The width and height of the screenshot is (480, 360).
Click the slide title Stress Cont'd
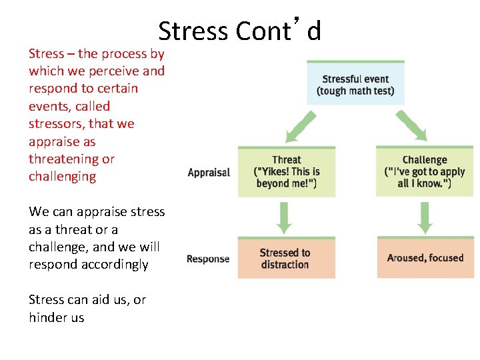[239, 31]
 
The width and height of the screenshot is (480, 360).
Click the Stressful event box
[355, 83]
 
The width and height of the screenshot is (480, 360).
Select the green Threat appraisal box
[287, 172]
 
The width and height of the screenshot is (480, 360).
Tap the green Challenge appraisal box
[424, 172]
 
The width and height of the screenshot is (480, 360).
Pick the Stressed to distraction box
[287, 258]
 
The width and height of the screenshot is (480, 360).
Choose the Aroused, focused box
[425, 258]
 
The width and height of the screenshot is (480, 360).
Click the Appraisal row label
[209, 173]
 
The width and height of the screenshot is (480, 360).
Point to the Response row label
[208, 259]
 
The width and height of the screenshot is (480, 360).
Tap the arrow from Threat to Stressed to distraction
[285, 217]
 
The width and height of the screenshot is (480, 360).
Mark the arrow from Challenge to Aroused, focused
[425, 217]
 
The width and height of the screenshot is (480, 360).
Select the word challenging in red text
[62, 177]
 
